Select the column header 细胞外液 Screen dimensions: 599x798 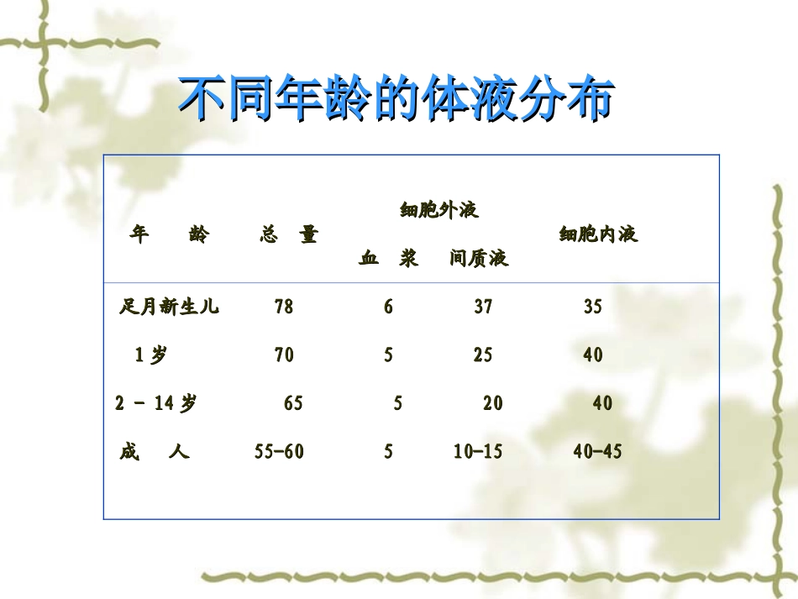click(438, 210)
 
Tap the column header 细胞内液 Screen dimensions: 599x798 click(598, 234)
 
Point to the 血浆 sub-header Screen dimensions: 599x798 click(388, 259)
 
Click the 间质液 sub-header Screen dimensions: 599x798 click(479, 259)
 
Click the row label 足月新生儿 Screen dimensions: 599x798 click(169, 307)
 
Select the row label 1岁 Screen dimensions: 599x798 click(151, 355)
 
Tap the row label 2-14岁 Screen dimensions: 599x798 click(156, 404)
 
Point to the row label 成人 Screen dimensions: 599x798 click(155, 453)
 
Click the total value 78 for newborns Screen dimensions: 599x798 click(284, 307)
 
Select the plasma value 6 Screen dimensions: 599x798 click(388, 307)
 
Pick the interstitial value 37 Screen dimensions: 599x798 click(483, 307)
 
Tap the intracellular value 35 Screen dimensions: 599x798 click(593, 307)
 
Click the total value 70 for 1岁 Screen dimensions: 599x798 click(284, 355)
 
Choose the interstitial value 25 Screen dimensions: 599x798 click(483, 355)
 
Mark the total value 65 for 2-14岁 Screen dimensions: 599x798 click(293, 404)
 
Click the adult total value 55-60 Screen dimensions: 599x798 click(279, 453)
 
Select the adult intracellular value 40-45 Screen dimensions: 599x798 click(598, 453)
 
